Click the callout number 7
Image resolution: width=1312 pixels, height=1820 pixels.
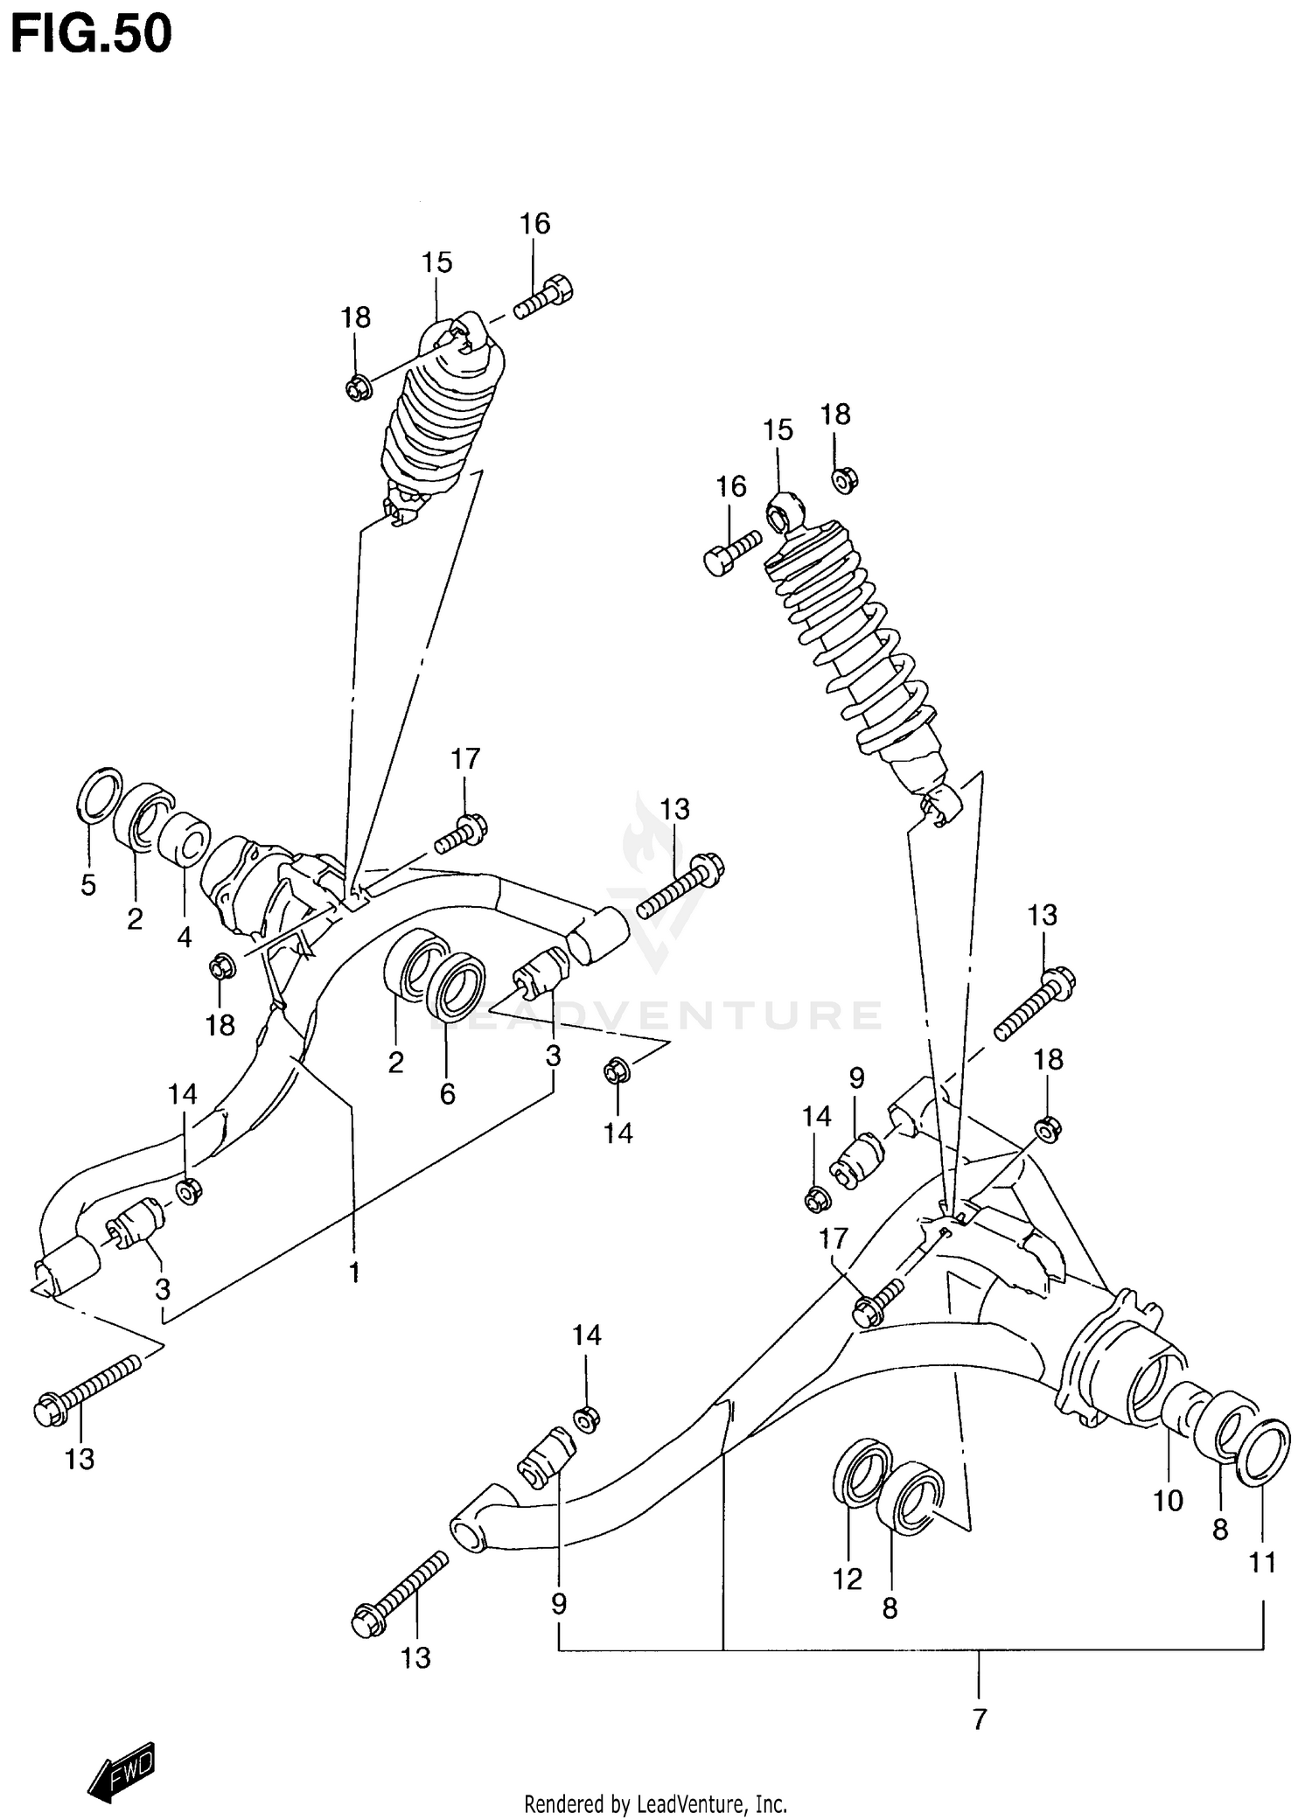(x=979, y=1719)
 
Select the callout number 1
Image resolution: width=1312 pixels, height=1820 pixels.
(x=354, y=1272)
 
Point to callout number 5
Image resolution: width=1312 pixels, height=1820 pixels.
(x=88, y=884)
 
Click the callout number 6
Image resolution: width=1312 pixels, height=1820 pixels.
(x=447, y=1093)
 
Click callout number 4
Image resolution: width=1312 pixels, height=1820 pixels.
(x=184, y=937)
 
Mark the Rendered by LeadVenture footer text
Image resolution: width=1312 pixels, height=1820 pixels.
(x=655, y=1803)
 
